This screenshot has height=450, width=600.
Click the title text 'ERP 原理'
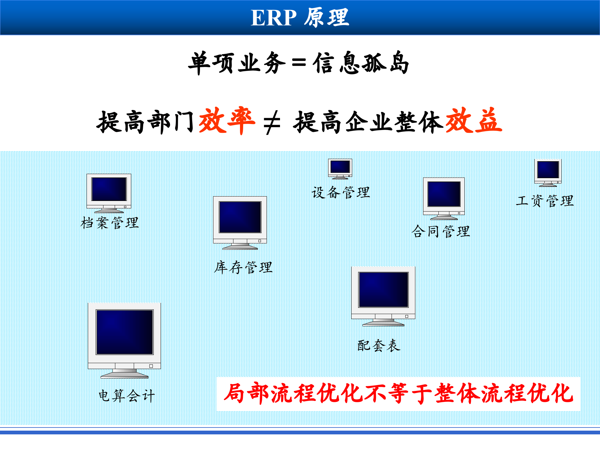point(300,17)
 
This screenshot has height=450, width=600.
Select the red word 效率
point(227,121)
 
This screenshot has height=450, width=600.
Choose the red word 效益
point(474,121)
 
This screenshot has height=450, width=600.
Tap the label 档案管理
point(110,223)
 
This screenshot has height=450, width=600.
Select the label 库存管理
point(243,267)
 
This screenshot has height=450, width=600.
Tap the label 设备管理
point(341,192)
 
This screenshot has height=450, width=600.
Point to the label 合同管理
point(441,232)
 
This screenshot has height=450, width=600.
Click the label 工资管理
point(545,201)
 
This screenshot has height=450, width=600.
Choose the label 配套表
point(379,345)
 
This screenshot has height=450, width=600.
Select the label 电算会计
point(127,396)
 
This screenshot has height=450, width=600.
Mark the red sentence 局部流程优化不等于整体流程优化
point(398,393)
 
